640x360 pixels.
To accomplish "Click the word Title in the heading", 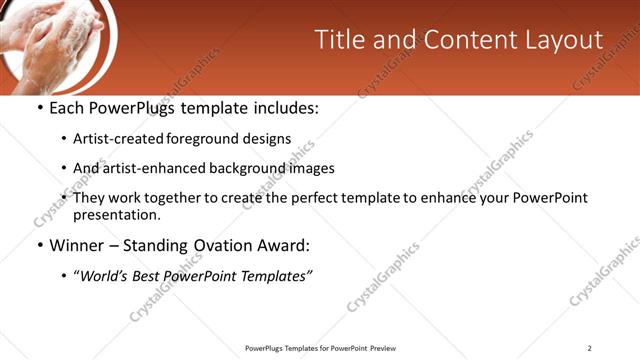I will tap(338, 40).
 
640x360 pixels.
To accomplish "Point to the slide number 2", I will tap(589, 348).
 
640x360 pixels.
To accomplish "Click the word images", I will tap(312, 168).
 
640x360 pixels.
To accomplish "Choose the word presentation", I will tap(115, 214).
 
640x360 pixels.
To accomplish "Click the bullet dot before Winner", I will tap(39, 245).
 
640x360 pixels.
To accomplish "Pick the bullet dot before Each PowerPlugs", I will tap(39, 107).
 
